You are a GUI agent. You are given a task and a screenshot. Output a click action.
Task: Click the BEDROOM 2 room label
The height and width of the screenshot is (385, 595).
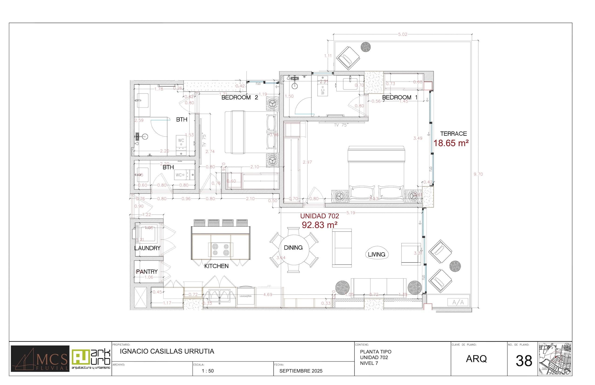[x=240, y=98]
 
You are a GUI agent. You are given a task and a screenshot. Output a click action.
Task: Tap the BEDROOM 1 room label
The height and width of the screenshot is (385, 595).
[x=399, y=98]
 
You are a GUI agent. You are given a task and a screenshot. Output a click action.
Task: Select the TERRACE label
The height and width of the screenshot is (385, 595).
[x=453, y=134]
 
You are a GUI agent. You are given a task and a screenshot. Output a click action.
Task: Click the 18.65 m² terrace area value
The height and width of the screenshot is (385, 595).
[x=451, y=143]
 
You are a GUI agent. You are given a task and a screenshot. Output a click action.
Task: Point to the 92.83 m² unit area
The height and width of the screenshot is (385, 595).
[x=320, y=225]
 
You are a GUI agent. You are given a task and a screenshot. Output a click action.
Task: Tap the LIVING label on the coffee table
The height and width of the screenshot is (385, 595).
[x=376, y=254]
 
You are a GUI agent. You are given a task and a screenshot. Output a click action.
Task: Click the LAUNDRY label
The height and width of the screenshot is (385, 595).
[x=147, y=248]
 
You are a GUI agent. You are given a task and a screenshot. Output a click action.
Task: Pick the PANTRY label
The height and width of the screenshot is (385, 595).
[x=147, y=272]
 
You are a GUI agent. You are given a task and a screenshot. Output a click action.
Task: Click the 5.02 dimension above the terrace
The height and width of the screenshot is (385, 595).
[x=402, y=34]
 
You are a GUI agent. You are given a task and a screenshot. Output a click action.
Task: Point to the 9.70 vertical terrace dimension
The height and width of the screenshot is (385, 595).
[x=478, y=174]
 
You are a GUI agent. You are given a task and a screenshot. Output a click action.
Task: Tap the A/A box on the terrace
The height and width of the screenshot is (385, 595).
[x=458, y=303]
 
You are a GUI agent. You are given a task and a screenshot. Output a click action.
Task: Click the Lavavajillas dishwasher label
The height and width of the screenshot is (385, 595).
[x=246, y=296]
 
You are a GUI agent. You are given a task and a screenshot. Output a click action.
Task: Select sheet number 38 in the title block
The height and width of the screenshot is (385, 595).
[x=524, y=361]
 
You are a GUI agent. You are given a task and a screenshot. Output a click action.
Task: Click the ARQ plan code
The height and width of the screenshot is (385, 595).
[x=476, y=359]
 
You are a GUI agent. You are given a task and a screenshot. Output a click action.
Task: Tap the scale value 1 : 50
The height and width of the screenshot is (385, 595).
[x=207, y=371]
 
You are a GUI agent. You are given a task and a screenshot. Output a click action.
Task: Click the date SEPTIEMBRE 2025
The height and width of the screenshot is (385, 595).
[x=301, y=371]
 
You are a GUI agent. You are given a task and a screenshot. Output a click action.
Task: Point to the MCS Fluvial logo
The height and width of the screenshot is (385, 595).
[x=40, y=359]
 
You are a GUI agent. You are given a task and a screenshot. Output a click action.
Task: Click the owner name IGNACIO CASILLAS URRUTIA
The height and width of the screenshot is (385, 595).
[x=167, y=351]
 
